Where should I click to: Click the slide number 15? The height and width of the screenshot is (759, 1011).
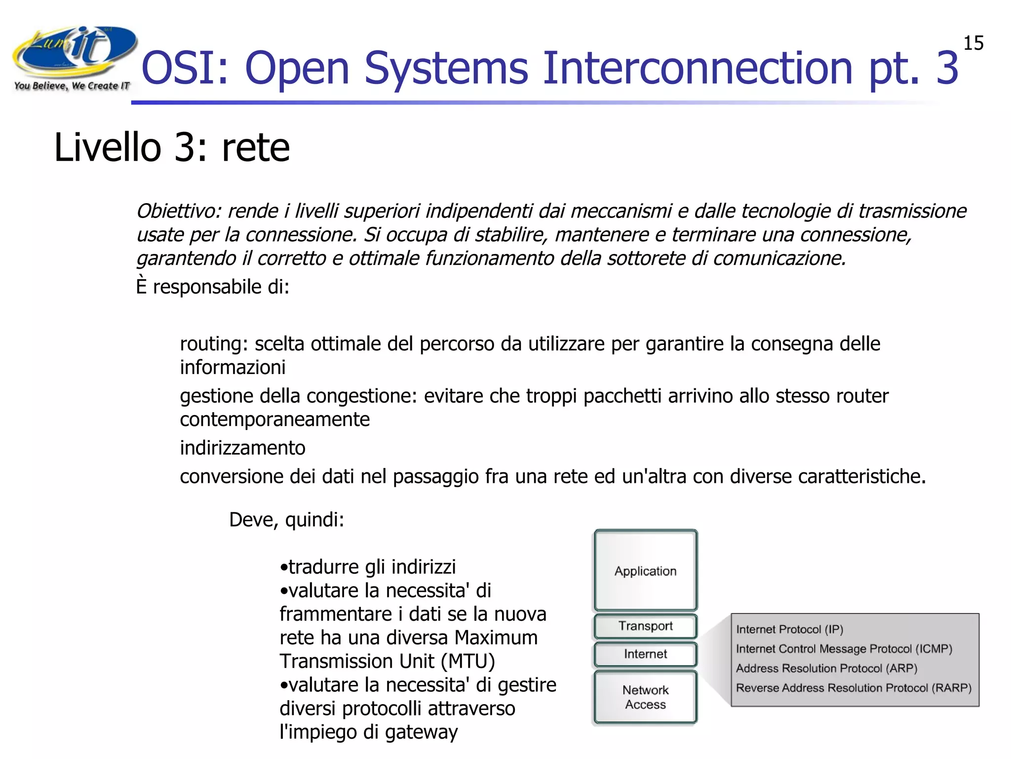coord(973,43)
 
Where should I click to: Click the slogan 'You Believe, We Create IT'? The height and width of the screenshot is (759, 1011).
coord(72,86)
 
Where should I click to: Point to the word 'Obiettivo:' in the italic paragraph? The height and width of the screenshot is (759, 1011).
coord(178,211)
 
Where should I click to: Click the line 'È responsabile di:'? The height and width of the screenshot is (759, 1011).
coord(212,287)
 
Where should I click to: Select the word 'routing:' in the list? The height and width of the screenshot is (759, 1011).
coord(213,344)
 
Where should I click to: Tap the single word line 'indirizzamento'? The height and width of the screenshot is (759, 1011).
coord(242,448)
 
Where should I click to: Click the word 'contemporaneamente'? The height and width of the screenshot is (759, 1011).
coord(274,420)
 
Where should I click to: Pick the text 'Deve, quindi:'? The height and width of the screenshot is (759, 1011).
coord(286,520)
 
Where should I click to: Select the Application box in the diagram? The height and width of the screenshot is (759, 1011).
coord(645,571)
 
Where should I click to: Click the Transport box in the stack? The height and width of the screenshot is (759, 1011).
coord(645,627)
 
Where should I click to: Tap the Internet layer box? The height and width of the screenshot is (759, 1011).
coord(645,654)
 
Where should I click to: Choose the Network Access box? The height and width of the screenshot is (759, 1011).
coord(645,697)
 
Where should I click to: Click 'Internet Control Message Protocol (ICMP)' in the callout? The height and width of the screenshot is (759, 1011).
coord(844,649)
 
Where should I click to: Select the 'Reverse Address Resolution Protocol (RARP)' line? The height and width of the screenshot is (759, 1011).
coord(853,688)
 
